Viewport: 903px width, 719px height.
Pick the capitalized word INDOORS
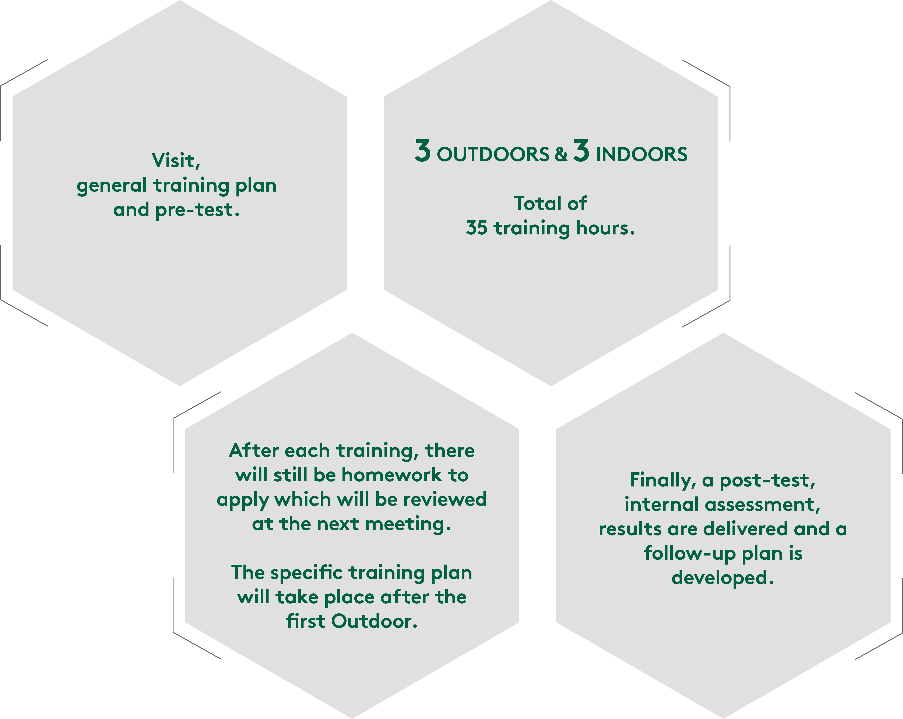(641, 154)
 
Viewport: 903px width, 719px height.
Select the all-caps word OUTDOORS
(493, 154)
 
